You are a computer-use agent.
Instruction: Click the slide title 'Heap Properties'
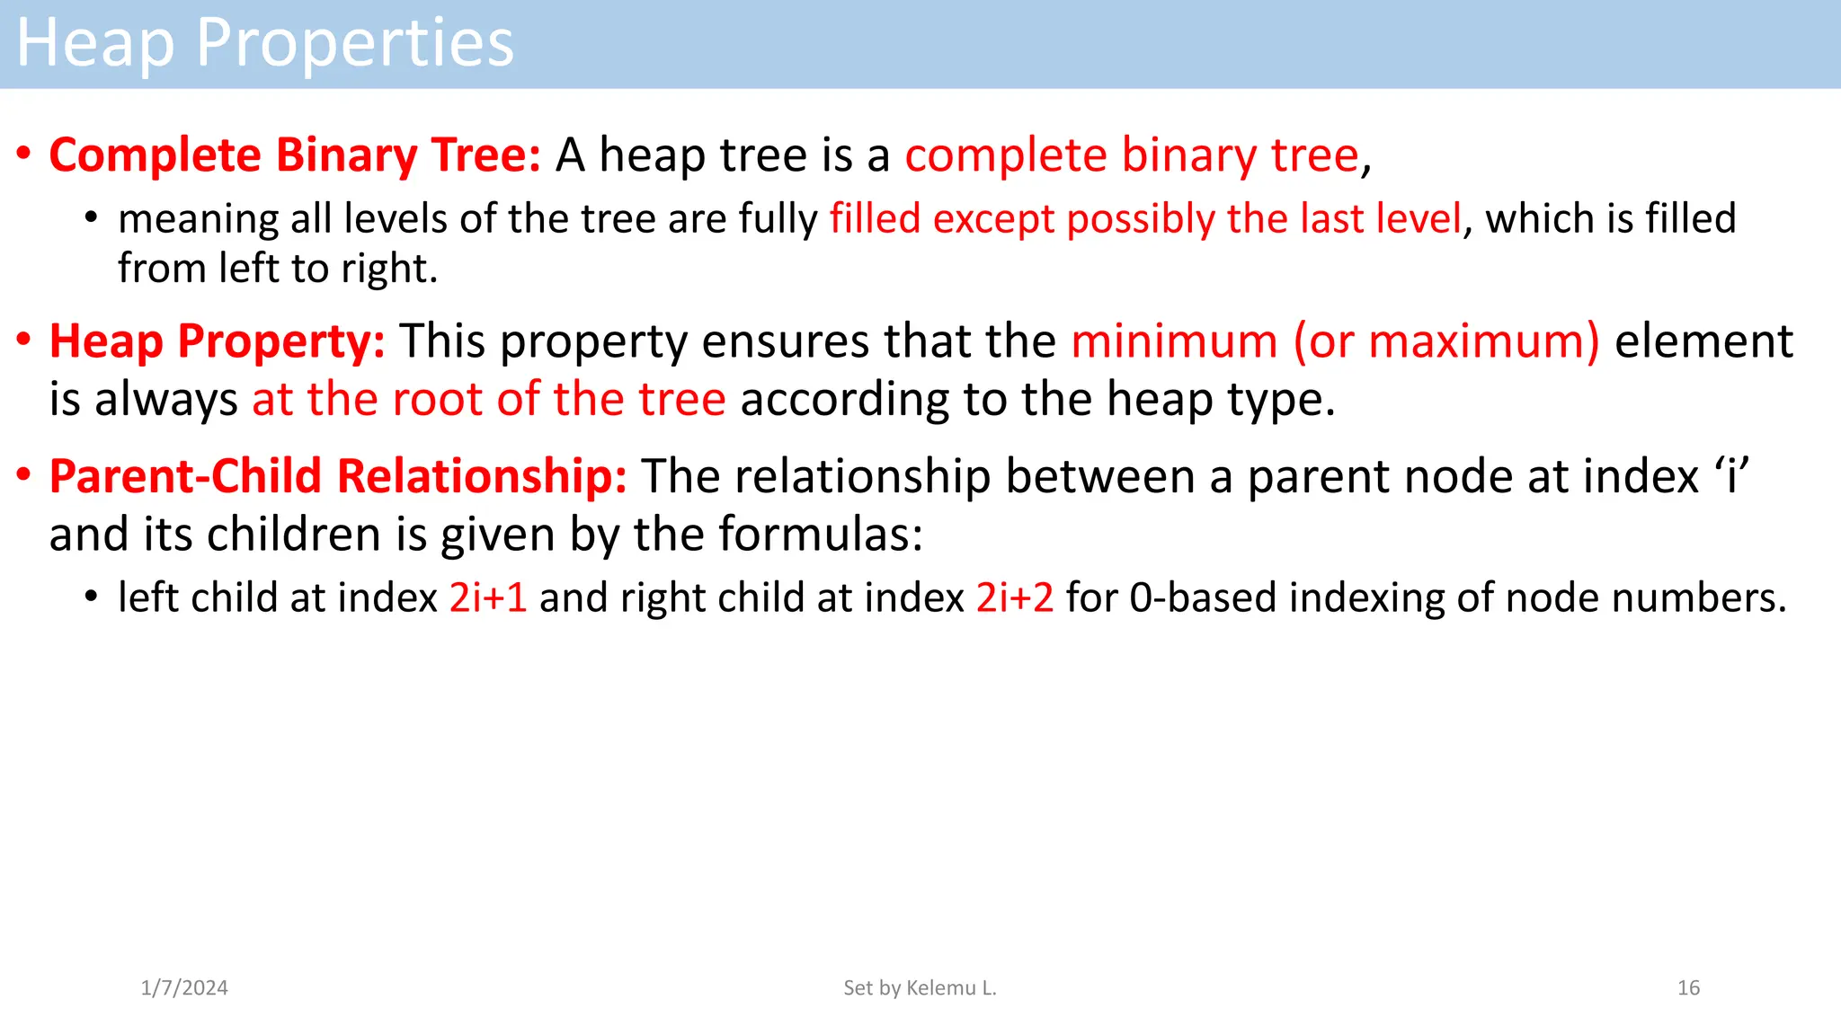pos(265,43)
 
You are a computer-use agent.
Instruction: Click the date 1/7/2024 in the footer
pos(184,987)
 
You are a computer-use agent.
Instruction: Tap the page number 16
pos(1688,987)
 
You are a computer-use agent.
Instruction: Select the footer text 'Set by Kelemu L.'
pos(920,987)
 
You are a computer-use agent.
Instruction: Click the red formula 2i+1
pos(488,597)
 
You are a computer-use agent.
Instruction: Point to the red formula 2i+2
pos(1015,597)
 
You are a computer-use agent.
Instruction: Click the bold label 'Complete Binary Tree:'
pos(295,155)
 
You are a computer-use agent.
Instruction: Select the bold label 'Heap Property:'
pos(217,341)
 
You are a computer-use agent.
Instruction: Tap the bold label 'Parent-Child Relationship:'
pos(338,476)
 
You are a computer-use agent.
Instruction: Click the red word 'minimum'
pos(1174,341)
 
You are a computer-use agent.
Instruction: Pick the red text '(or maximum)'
pos(1446,341)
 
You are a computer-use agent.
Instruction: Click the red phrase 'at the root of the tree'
pos(488,399)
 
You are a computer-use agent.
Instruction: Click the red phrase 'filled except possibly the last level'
pos(1145,219)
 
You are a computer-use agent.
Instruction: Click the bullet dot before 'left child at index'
pos(91,597)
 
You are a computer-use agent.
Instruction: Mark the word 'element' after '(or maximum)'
pos(1703,341)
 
